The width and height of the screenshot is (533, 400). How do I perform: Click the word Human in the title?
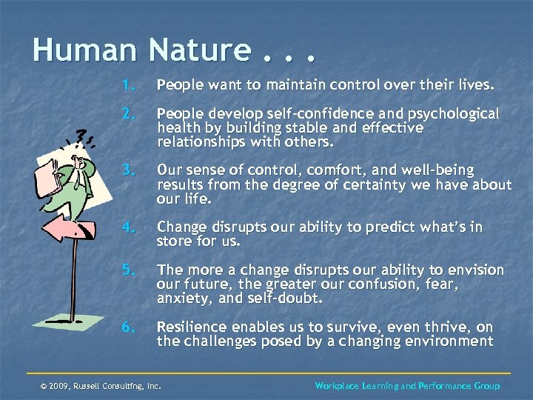click(x=84, y=51)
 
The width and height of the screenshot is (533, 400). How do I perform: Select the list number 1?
click(x=129, y=86)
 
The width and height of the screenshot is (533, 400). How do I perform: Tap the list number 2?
click(x=129, y=115)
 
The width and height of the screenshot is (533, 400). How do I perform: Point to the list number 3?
click(x=129, y=171)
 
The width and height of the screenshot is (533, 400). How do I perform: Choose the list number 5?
click(x=129, y=270)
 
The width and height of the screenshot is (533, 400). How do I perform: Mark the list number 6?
click(x=129, y=327)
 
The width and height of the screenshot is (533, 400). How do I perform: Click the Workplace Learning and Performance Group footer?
click(x=407, y=386)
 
